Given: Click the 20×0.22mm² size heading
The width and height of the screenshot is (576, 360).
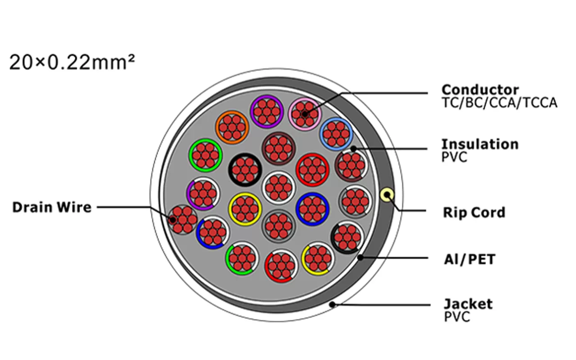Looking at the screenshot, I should click(72, 62).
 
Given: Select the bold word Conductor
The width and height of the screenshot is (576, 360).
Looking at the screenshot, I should click(480, 90).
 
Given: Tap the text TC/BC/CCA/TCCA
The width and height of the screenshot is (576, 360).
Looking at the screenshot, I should click(499, 103).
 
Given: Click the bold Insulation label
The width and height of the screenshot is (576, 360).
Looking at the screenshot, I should click(480, 144).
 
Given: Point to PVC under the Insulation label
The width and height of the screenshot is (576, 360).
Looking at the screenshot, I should click(454, 157).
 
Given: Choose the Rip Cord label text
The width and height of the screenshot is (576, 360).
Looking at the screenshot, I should click(474, 212).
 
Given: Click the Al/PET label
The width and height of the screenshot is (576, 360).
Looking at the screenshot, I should click(469, 260).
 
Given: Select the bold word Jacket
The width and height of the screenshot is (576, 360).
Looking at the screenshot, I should click(468, 304).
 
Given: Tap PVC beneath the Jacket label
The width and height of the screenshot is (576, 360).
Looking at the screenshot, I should click(457, 317).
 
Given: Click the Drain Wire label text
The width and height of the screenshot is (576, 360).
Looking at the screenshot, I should click(52, 207).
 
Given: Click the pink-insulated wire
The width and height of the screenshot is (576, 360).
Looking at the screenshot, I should click(304, 113).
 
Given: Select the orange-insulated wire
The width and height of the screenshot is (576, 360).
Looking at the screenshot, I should click(232, 127).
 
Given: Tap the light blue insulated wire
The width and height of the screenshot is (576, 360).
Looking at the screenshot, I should click(336, 134).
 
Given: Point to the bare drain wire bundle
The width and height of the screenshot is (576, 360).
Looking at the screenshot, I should click(183, 220).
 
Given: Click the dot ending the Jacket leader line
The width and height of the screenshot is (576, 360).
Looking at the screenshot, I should click(333, 305).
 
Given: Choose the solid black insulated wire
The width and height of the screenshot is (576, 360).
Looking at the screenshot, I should click(245, 170).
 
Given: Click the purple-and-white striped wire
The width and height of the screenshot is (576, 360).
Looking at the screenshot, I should click(202, 194).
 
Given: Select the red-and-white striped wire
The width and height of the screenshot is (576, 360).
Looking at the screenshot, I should click(281, 266).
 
